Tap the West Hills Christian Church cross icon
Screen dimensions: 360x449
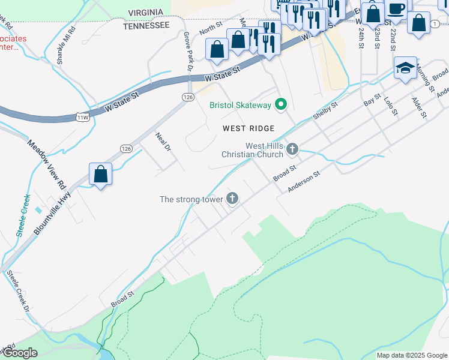[x=292, y=148]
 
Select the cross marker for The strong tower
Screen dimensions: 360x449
[x=232, y=198]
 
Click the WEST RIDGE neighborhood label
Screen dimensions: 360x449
[x=248, y=128]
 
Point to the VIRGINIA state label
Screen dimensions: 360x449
[x=146, y=13]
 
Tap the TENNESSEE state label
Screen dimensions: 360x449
[x=146, y=26]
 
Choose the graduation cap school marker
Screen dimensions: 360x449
[x=406, y=68]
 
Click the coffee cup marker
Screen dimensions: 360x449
[x=396, y=9]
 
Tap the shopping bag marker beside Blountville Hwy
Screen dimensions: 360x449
[x=101, y=175]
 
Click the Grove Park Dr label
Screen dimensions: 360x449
[x=187, y=52]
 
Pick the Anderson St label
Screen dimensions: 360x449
[x=304, y=180]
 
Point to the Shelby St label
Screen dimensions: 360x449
[x=326, y=111]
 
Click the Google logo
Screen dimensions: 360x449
[x=20, y=353]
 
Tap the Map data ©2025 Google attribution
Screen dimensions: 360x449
[x=412, y=355]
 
